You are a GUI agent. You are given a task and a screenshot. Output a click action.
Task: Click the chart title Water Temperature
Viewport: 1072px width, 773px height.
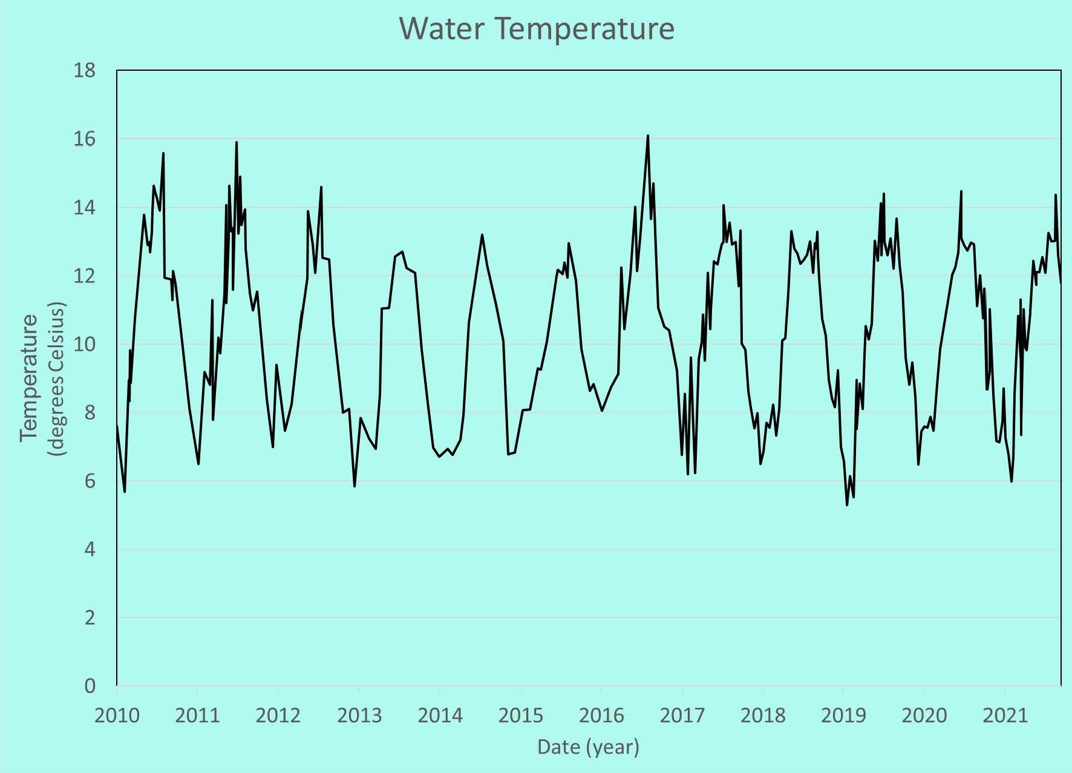[537, 28]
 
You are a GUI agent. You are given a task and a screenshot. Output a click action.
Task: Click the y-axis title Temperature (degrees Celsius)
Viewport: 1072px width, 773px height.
[41, 379]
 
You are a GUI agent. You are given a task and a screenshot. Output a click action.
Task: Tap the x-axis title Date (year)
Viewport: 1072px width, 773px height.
[588, 747]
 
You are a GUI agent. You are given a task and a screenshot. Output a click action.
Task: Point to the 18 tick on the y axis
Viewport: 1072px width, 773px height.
[85, 71]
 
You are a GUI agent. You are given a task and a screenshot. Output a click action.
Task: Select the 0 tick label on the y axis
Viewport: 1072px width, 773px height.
[90, 686]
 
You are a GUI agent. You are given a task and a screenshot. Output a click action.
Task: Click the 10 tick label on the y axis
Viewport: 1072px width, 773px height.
[85, 344]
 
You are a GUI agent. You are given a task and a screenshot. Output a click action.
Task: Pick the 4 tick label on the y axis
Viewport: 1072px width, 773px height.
[90, 549]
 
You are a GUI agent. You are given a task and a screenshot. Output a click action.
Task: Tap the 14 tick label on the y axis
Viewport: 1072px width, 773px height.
[85, 207]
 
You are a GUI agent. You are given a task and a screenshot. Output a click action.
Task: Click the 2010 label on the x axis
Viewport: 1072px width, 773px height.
[117, 716]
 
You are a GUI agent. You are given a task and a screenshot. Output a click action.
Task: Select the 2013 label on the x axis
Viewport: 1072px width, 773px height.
[359, 716]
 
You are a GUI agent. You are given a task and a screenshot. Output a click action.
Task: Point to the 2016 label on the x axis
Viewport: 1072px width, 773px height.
[601, 716]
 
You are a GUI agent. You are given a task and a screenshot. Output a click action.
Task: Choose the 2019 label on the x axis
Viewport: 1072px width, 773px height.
[843, 716]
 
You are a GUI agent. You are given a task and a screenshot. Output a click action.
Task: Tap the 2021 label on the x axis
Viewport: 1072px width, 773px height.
[1005, 716]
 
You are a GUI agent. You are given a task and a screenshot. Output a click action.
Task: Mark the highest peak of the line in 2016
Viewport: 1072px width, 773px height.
[648, 135]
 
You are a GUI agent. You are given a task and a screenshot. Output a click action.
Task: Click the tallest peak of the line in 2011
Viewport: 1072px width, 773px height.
[237, 142]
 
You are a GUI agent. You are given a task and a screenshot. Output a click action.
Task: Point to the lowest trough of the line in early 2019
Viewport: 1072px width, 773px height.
[847, 505]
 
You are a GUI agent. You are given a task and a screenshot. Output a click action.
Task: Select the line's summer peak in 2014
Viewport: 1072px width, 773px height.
[482, 235]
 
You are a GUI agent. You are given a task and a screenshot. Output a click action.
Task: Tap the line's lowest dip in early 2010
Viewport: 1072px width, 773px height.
[125, 492]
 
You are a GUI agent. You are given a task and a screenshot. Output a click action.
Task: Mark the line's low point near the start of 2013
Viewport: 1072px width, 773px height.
[355, 486]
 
